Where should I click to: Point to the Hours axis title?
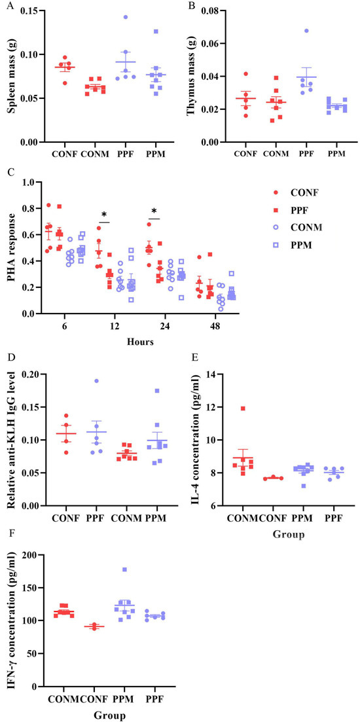pos(141,342)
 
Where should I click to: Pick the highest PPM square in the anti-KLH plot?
pos(157,391)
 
